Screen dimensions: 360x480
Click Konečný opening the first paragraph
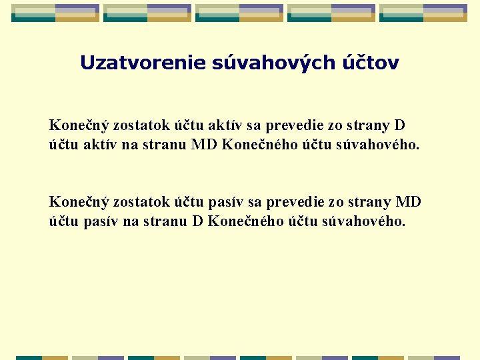(x=79, y=126)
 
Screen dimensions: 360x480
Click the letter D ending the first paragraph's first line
(x=400, y=126)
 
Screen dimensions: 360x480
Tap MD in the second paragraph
(x=409, y=202)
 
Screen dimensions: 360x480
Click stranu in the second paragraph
(x=165, y=221)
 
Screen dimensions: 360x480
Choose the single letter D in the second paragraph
(x=197, y=221)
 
